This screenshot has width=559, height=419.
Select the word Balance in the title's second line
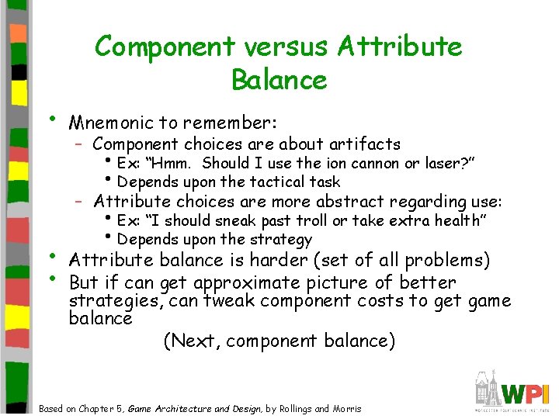(279, 79)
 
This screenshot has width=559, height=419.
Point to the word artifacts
(364, 144)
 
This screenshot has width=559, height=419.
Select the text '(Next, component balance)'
(279, 341)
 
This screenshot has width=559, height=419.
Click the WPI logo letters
(527, 391)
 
